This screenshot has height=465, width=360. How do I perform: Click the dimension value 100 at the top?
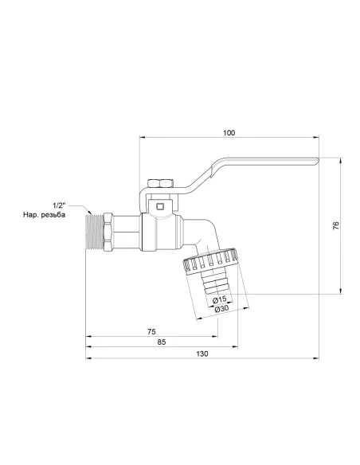pos(229,132)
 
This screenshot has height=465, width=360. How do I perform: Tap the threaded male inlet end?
pos(96,232)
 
